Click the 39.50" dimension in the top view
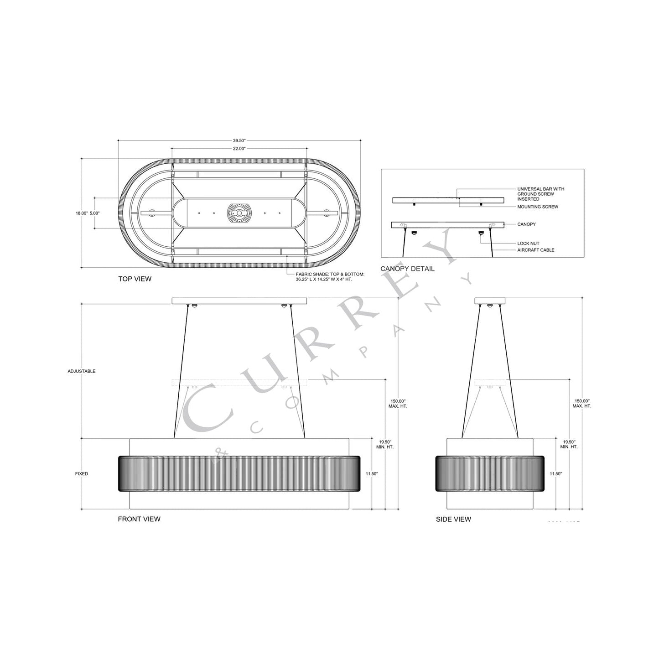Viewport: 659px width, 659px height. [239, 141]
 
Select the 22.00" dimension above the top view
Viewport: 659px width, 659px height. [239, 149]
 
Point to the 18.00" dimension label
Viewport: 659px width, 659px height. [82, 213]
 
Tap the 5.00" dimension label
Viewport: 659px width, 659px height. [94, 213]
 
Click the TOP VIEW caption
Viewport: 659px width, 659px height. [135, 279]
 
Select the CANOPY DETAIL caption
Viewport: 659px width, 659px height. [407, 269]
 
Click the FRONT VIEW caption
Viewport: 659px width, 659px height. [139, 519]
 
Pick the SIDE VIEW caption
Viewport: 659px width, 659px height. [453, 519]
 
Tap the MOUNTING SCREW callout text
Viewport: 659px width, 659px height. [537, 207]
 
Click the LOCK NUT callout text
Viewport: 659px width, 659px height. [528, 244]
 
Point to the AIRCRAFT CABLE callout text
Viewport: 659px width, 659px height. [535, 250]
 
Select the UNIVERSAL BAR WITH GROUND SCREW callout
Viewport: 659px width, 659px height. [540, 194]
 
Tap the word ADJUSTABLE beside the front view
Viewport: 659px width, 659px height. [82, 371]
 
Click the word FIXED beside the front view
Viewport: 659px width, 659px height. [82, 474]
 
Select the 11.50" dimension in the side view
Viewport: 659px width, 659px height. [555, 474]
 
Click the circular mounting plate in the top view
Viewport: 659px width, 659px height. [239, 213]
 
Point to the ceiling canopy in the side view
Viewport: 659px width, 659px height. [490, 301]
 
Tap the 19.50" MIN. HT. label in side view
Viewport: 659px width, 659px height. [570, 445]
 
